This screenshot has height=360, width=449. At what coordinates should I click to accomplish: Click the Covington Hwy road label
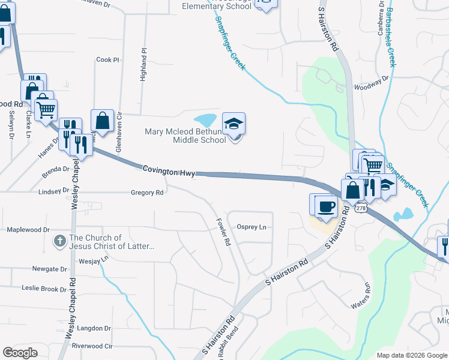click(x=169, y=172)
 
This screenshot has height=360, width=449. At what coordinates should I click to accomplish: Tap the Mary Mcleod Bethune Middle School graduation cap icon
click(x=234, y=124)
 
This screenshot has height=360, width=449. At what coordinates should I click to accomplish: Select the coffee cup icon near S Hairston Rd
click(x=326, y=206)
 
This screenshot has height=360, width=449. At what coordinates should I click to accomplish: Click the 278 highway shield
click(x=360, y=208)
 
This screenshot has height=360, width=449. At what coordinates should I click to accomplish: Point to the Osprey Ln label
click(x=252, y=227)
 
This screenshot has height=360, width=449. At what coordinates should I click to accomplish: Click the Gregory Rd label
click(x=147, y=193)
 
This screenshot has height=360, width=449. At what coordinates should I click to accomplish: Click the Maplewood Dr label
click(x=28, y=230)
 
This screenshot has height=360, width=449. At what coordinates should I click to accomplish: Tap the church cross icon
click(x=59, y=242)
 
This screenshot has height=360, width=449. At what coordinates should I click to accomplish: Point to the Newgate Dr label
click(x=50, y=269)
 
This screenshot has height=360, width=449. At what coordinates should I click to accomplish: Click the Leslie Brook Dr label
click(x=44, y=289)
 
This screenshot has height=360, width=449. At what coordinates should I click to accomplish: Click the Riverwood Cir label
click(x=92, y=346)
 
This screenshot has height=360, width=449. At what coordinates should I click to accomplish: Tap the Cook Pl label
click(x=108, y=60)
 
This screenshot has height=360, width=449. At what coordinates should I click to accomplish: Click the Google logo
click(x=20, y=353)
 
